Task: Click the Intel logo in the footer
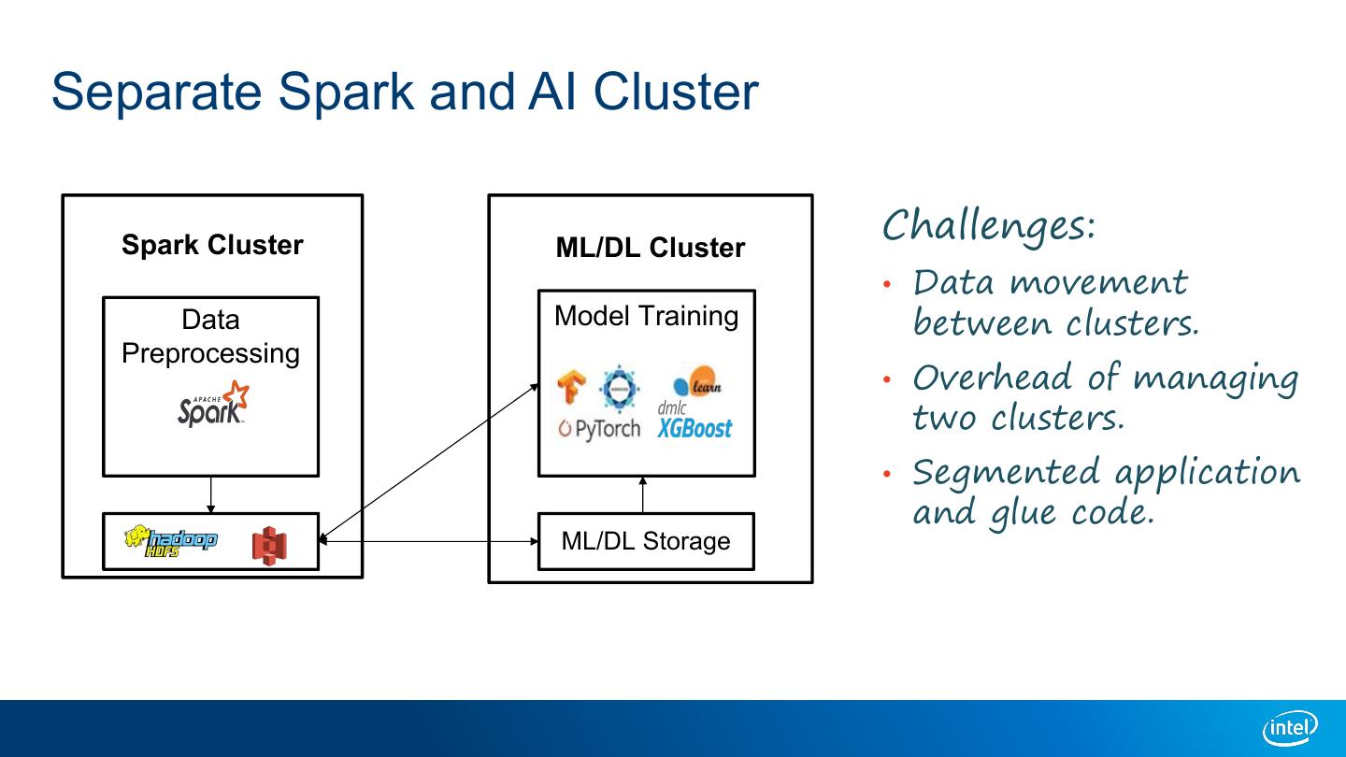[x=1290, y=728]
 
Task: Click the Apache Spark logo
[x=214, y=405]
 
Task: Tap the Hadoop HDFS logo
[x=171, y=541]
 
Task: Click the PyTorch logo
[x=599, y=429]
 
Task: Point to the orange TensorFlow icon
[x=570, y=387]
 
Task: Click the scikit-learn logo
[x=697, y=381]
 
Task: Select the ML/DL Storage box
[x=646, y=541]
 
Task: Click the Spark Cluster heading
[x=212, y=246]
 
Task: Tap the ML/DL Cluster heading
[x=650, y=248]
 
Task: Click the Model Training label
[x=646, y=316]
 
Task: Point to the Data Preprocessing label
[x=210, y=336]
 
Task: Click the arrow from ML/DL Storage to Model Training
[x=643, y=494]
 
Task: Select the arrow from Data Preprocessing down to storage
[x=211, y=494]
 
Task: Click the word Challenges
[x=988, y=225]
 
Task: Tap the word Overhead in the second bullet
[x=993, y=378]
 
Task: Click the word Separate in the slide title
[x=157, y=92]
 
